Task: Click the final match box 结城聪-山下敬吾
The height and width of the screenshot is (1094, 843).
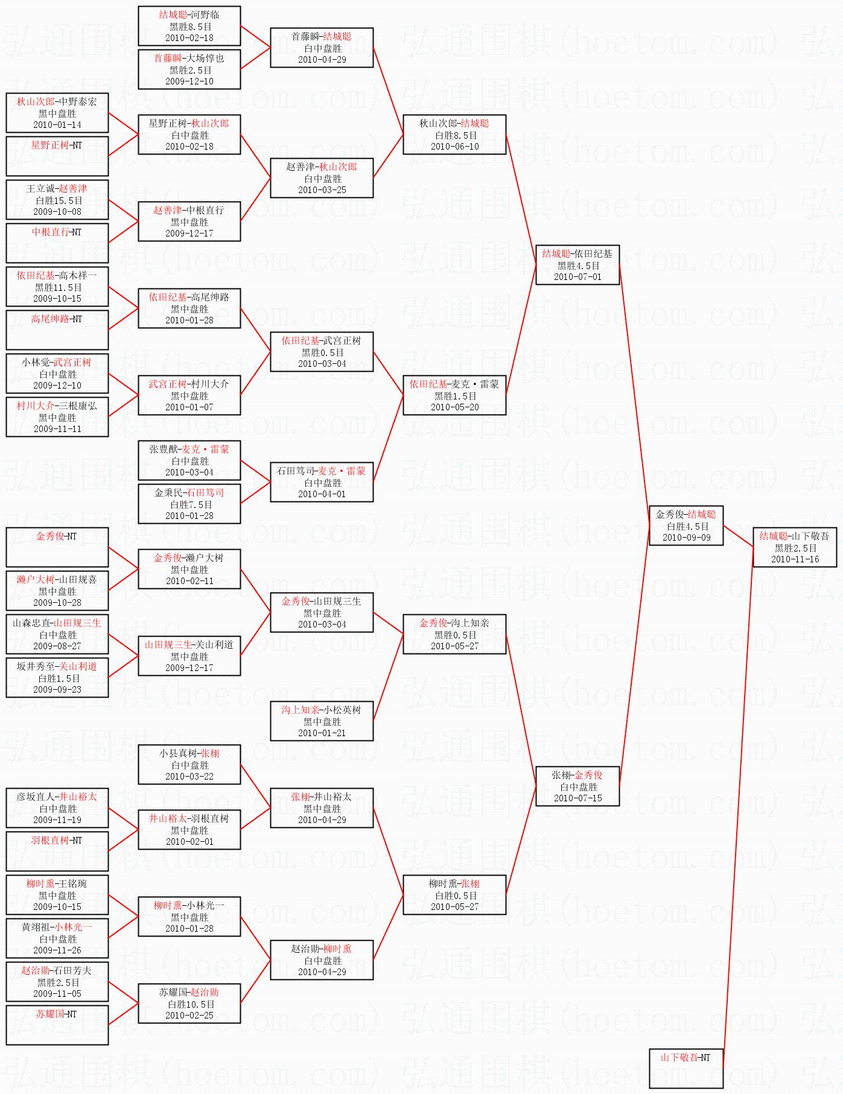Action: [x=794, y=547]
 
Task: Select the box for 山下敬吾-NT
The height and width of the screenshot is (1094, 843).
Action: [x=686, y=1068]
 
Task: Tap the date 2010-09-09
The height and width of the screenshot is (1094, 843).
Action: [x=686, y=538]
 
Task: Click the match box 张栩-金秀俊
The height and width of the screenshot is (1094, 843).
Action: [x=577, y=786]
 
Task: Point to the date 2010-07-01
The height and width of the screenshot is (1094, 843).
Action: [x=577, y=277]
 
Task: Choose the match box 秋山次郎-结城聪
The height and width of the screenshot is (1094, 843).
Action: [x=454, y=135]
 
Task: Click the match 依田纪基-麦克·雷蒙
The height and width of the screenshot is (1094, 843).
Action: [x=454, y=395]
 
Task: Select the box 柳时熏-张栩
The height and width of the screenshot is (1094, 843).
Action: [x=454, y=895]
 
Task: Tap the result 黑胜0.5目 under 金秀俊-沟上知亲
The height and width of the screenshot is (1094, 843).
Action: [x=455, y=635]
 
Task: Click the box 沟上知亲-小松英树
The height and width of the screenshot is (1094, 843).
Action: [x=322, y=721]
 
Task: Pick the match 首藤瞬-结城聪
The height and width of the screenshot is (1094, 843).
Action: [x=322, y=48]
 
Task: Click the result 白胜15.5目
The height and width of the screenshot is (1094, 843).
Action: [x=58, y=200]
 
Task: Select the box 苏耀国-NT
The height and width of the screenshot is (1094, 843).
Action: [x=57, y=1025]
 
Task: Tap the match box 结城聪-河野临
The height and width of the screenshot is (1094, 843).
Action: [x=189, y=26]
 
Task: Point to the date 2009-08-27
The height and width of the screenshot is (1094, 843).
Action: [x=57, y=646]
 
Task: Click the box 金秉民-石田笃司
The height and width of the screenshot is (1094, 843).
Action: [x=189, y=504]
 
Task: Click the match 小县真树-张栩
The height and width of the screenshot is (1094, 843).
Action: [x=189, y=765]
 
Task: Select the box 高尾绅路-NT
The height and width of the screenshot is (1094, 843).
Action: [x=57, y=329]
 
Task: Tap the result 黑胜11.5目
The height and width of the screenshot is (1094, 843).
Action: [x=58, y=287]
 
